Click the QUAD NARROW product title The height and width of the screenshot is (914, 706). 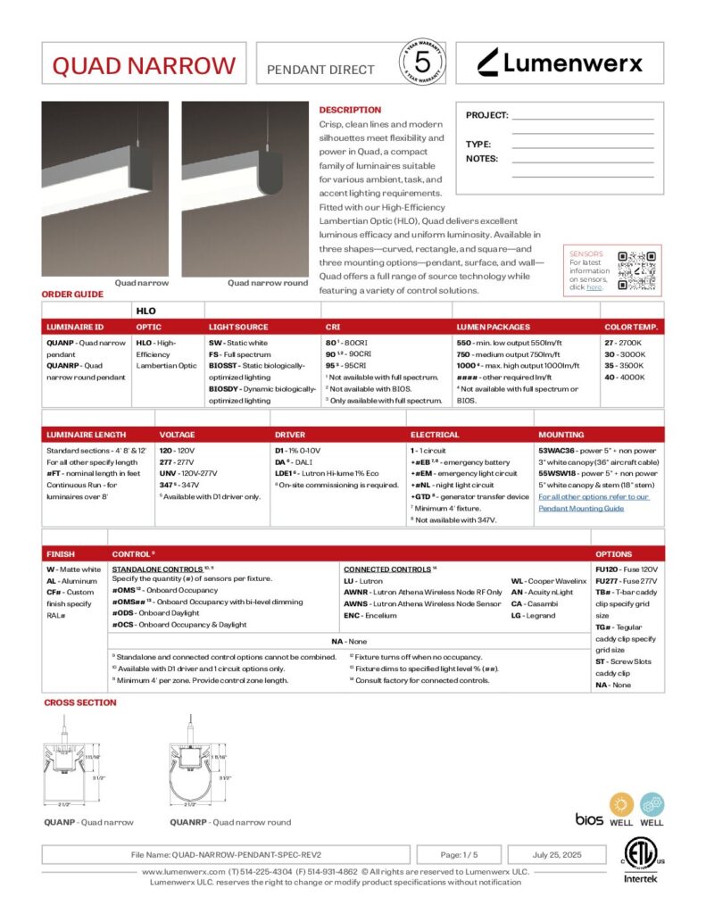click(144, 66)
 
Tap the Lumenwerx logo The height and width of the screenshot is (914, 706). click(559, 62)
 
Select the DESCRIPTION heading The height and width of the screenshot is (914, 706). click(350, 110)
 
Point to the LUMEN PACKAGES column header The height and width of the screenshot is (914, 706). click(493, 328)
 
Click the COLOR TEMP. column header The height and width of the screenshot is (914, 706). click(631, 328)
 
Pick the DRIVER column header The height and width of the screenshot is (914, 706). click(289, 435)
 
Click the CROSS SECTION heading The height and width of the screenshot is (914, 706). click(80, 702)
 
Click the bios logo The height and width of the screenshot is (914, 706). click(589, 818)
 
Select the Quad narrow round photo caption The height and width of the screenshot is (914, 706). click(268, 283)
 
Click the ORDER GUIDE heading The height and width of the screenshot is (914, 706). click(73, 294)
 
